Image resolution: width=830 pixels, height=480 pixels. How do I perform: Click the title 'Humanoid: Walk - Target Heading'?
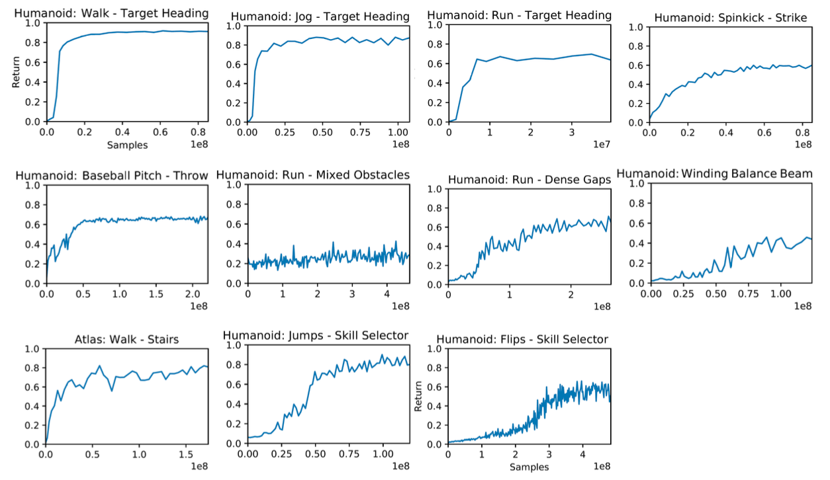click(x=111, y=13)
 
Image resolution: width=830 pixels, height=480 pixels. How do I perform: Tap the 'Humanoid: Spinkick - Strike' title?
click(x=731, y=18)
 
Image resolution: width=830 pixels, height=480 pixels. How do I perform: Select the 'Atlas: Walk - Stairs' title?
click(x=126, y=340)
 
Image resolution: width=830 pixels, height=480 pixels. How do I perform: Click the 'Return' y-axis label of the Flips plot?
click(x=418, y=395)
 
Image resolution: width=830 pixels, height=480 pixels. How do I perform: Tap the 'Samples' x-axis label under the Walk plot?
click(x=127, y=145)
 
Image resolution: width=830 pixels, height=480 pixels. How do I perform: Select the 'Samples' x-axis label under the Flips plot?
click(x=529, y=467)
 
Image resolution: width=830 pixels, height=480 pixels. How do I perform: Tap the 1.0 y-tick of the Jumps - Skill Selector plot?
click(x=235, y=345)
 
